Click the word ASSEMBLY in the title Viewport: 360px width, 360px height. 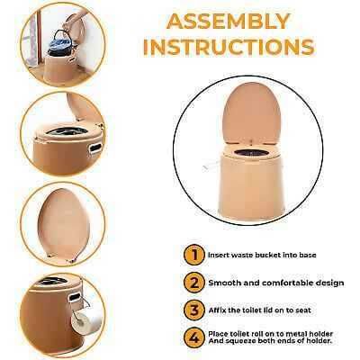(x=229, y=21)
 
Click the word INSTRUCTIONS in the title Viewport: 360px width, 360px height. (x=229, y=47)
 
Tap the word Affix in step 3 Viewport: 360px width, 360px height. (x=217, y=310)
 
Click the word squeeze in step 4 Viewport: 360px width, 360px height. (x=238, y=341)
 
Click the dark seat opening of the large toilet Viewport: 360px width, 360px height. (x=250, y=153)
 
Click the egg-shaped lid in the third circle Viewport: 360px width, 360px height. (x=63, y=223)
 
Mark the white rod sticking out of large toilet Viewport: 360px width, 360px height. (x=211, y=166)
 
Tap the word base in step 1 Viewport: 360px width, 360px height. (x=308, y=255)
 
